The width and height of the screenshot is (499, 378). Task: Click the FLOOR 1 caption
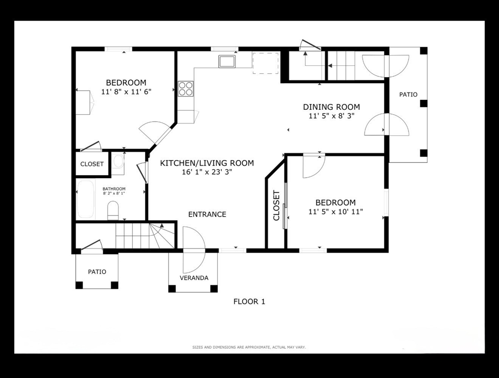point(249,302)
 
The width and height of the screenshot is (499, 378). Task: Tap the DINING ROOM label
point(331,107)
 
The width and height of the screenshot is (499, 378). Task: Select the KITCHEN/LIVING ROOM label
point(207,163)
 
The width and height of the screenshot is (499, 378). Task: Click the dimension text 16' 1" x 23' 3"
point(207,172)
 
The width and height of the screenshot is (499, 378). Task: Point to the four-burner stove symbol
point(185,89)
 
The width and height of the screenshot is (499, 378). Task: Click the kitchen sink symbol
point(227,61)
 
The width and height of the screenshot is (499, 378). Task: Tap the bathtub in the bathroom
point(86,199)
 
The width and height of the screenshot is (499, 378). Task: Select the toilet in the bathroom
point(113,210)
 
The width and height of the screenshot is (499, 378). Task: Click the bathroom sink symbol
point(118,161)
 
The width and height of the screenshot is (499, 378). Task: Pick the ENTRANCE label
point(207,214)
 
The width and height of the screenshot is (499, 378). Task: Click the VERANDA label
point(194,278)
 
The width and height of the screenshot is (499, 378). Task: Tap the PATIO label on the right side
point(409,94)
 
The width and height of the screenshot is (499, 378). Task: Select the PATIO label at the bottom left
point(97,272)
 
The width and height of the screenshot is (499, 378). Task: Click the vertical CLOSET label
point(276,206)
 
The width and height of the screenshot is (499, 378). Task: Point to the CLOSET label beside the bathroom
point(92,164)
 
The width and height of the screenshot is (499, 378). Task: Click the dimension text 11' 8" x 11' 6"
point(126,92)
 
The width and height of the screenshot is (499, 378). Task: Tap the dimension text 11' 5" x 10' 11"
point(336,212)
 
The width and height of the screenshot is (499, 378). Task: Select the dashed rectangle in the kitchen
point(266,63)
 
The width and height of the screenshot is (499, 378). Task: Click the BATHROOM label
point(114,189)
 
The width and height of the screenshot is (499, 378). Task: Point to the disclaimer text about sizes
point(249,347)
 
